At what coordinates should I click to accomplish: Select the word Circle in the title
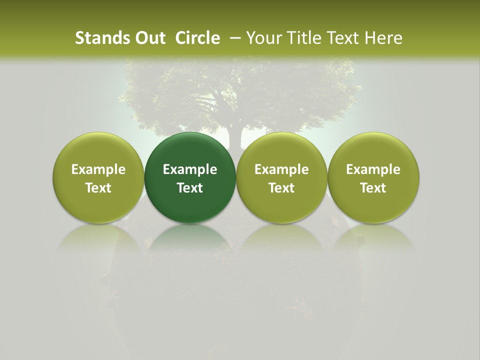point(197,38)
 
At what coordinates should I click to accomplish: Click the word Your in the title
point(263,38)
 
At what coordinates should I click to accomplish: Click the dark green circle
point(190,150)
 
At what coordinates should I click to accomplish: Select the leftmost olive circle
point(98,150)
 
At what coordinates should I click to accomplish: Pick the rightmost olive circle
point(373,150)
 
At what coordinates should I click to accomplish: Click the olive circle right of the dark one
point(281,150)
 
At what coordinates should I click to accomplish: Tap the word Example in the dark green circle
point(190,169)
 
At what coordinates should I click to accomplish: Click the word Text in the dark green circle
point(190,188)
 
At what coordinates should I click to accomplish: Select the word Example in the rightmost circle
point(373,169)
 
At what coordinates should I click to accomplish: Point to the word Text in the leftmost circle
point(98,188)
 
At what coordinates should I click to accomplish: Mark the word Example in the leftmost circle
point(98,169)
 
